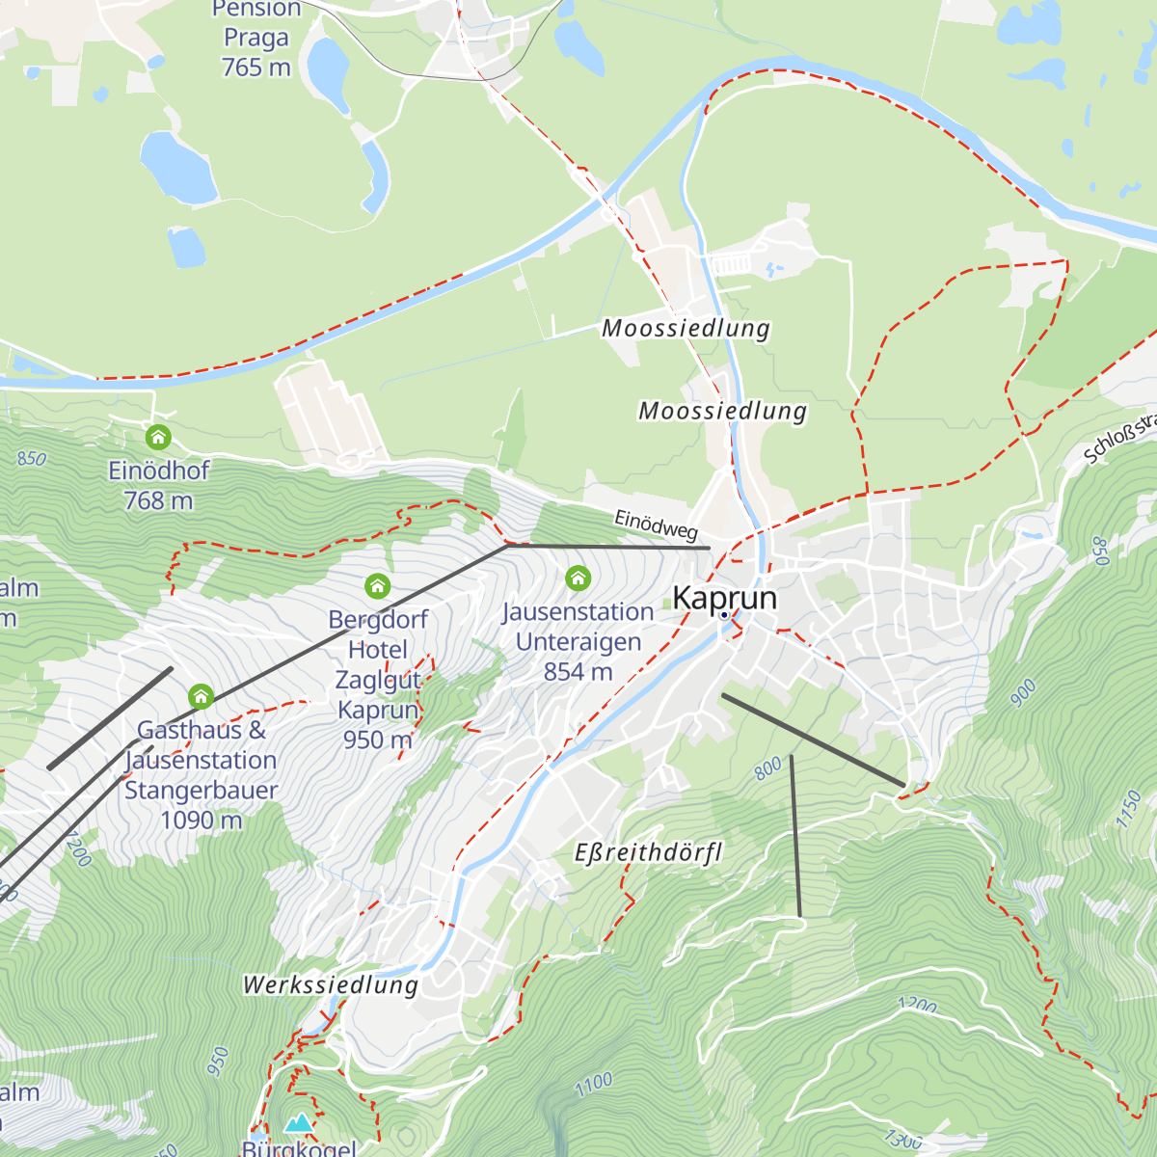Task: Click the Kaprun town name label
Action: tap(724, 598)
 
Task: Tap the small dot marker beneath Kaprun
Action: tap(724, 614)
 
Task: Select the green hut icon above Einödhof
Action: tap(158, 438)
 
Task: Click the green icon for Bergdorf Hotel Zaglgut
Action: tap(377, 585)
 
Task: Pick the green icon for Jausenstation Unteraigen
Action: tap(578, 578)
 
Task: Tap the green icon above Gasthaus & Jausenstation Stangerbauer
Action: tap(201, 695)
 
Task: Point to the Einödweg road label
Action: tap(656, 525)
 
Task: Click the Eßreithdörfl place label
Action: tap(648, 853)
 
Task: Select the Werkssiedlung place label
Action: tap(331, 984)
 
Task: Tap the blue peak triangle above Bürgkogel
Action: tap(299, 1123)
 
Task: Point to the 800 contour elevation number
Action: tap(768, 768)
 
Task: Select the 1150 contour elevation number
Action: tap(1128, 809)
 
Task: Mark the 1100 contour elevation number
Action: tap(594, 1084)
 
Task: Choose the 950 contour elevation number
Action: tap(218, 1062)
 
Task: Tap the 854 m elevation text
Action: tap(578, 672)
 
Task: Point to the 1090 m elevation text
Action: tap(201, 821)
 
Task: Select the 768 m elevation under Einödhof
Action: tap(158, 500)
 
